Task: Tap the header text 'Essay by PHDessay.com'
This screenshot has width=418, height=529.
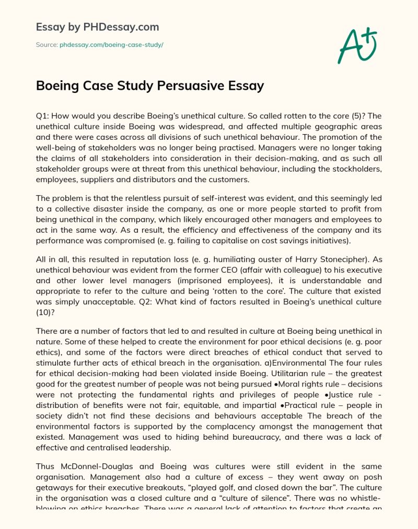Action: (97, 27)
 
